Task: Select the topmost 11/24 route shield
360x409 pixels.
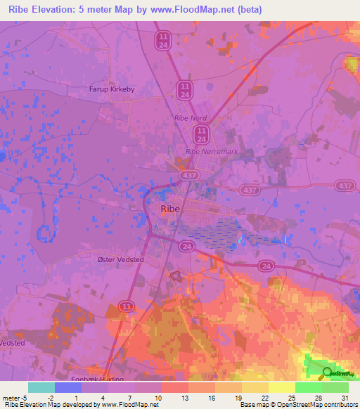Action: click(x=164, y=39)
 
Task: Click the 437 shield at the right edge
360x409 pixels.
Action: click(x=345, y=185)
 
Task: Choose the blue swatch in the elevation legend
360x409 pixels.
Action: click(x=68, y=387)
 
